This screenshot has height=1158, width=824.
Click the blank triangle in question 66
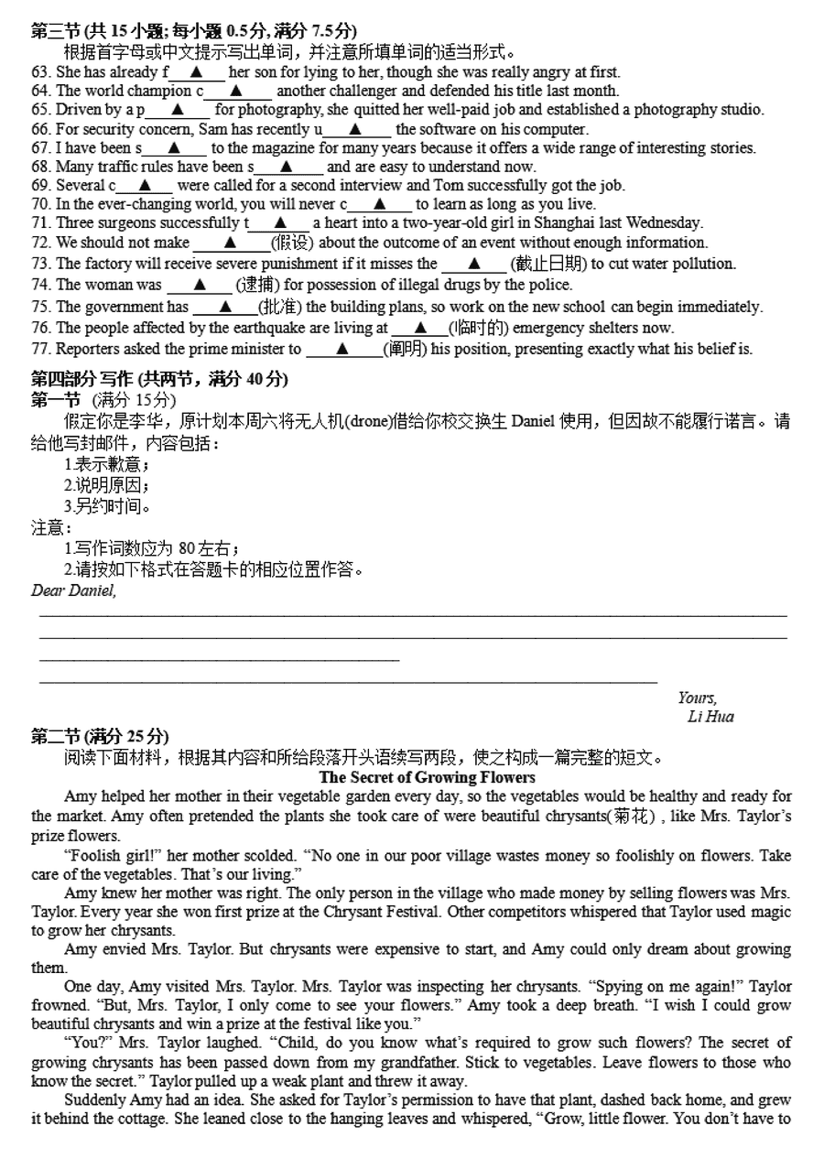(x=356, y=130)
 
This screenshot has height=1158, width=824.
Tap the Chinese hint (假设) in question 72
(x=292, y=243)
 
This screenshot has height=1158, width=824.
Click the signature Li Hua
(x=710, y=717)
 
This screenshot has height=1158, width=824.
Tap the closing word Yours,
(x=697, y=698)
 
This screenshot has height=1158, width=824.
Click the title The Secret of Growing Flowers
(x=428, y=777)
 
